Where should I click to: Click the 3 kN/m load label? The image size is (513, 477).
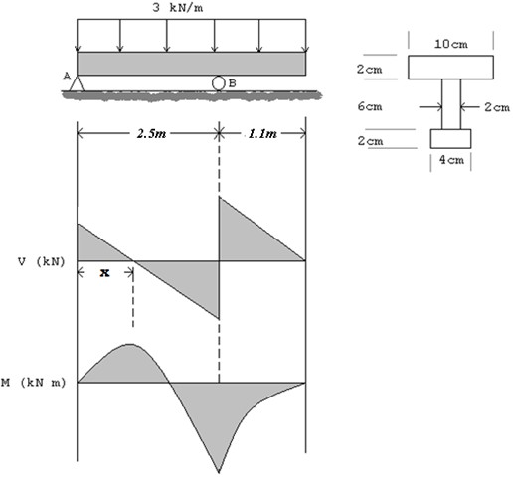click(178, 8)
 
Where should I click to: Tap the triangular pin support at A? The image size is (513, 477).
click(77, 83)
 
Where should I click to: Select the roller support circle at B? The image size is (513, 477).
click(218, 83)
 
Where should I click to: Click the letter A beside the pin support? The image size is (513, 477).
click(67, 77)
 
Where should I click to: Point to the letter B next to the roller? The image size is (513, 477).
click(233, 83)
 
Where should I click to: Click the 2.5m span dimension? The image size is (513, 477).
click(151, 133)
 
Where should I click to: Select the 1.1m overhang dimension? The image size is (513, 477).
click(262, 133)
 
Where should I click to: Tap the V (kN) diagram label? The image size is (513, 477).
click(42, 262)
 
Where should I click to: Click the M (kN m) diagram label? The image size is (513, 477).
click(33, 383)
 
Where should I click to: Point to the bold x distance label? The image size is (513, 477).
click(105, 273)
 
